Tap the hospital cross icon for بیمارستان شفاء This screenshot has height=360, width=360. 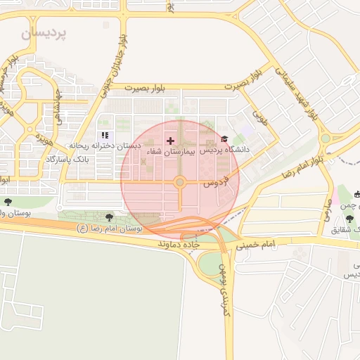click(170, 141)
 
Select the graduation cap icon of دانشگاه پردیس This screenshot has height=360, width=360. click(224, 139)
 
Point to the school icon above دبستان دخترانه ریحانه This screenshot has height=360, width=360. click(105, 135)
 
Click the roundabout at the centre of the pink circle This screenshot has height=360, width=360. click(180, 183)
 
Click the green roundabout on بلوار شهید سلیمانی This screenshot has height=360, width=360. click(325, 139)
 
